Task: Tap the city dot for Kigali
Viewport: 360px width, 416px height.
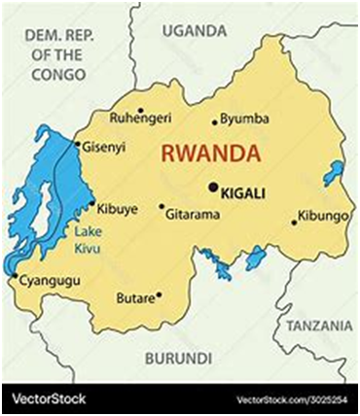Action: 213,188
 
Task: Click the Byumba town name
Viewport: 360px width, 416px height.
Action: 244,119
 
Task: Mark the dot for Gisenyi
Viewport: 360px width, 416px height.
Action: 78,144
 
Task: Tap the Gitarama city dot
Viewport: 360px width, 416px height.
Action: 162,206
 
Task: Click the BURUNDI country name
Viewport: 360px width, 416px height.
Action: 177,358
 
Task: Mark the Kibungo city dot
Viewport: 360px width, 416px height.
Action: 294,222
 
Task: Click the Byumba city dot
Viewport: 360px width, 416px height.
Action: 215,122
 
